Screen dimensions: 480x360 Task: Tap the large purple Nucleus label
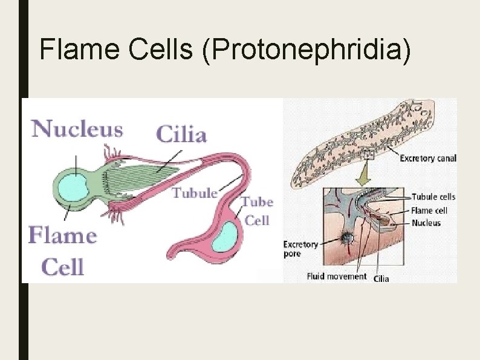point(77,129)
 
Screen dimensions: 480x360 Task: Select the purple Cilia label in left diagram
point(181,134)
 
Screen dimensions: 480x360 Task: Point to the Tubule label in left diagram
point(195,193)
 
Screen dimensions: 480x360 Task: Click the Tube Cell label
point(257,210)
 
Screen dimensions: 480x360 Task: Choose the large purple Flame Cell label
point(62,250)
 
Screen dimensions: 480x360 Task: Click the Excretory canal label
point(428,159)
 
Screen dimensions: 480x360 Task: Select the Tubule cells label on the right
point(433,197)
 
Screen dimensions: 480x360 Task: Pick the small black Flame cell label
point(429,211)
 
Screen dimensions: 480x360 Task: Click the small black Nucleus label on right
point(426,223)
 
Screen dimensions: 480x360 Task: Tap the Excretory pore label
point(300,249)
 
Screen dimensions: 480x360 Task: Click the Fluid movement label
point(337,276)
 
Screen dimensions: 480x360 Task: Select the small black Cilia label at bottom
point(381,278)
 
